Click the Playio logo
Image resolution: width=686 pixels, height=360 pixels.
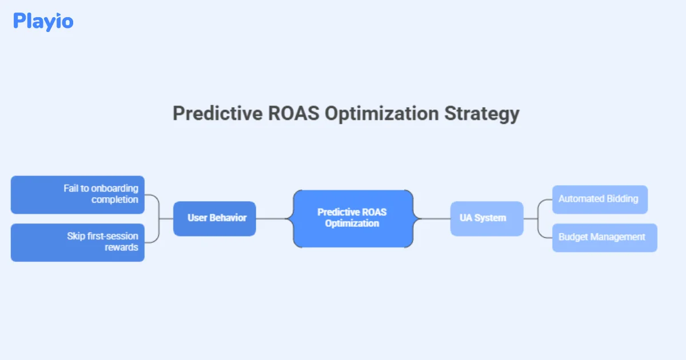pos(43,21)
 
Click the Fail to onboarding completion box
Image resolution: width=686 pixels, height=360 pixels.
pos(78,194)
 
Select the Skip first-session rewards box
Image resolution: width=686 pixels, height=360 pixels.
pos(78,242)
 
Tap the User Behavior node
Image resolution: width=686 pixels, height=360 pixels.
pos(214,218)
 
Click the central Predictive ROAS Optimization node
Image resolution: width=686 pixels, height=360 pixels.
pos(352,218)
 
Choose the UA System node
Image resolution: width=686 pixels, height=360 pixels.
pos(486,218)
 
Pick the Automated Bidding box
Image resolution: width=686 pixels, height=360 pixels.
pos(599,199)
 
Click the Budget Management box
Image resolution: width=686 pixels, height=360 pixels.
pos(604,237)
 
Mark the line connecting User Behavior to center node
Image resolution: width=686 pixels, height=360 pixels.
pos(274,218)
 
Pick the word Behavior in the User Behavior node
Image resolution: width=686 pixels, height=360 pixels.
pos(228,218)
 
